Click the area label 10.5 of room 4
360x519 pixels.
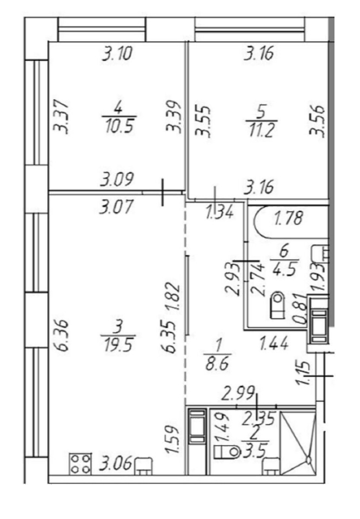(x=119, y=126)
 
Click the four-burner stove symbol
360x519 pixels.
(x=80, y=464)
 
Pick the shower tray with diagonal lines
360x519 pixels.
(x=297, y=443)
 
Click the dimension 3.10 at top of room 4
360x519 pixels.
(x=117, y=54)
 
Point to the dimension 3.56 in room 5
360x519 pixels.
(x=316, y=121)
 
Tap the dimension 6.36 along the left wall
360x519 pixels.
(x=62, y=335)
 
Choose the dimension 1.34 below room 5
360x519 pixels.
(x=219, y=212)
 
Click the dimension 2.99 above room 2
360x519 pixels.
(x=238, y=394)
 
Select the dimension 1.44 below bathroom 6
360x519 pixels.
(x=274, y=343)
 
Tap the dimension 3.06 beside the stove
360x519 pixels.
(x=116, y=463)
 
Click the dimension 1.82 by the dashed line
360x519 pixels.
(x=174, y=296)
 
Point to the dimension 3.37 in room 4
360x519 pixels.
(x=62, y=117)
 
